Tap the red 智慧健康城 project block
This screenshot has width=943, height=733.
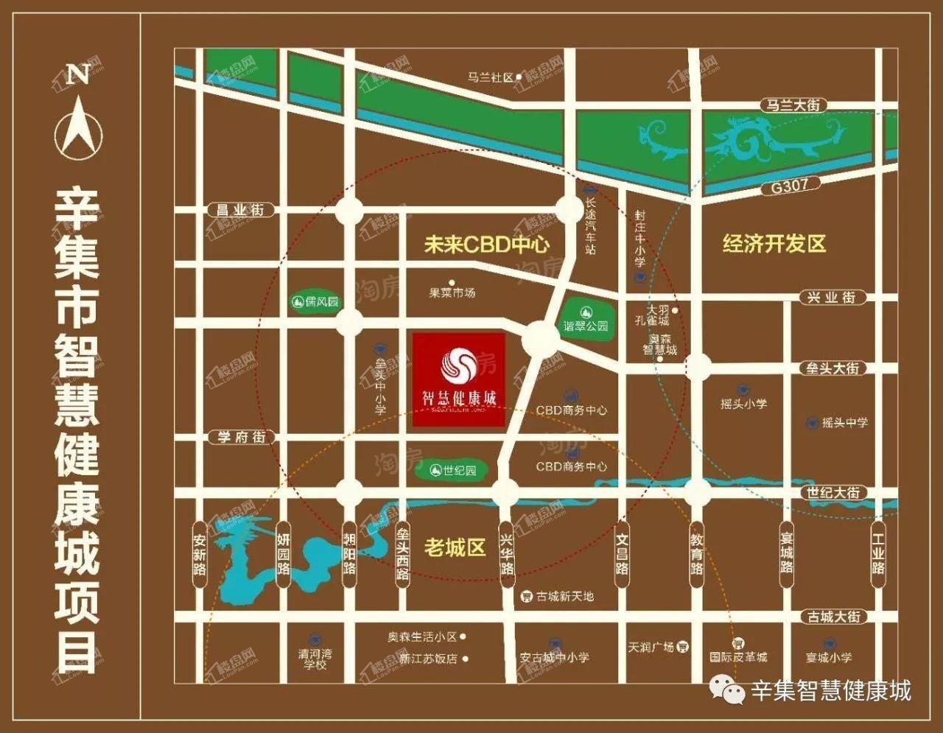459,379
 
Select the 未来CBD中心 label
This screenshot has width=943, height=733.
486,245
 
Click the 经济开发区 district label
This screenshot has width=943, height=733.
774,243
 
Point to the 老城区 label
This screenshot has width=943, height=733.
455,547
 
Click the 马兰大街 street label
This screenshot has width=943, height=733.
793,106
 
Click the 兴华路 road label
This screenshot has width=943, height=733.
507,553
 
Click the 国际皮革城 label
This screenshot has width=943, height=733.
738,656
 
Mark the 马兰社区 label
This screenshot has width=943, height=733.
490,77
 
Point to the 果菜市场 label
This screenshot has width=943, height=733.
452,292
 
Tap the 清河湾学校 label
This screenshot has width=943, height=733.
315,659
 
